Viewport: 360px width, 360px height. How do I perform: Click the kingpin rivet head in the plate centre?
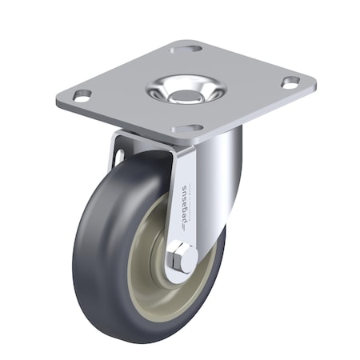click(x=184, y=89)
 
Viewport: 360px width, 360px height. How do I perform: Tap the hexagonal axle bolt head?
click(x=180, y=259)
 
